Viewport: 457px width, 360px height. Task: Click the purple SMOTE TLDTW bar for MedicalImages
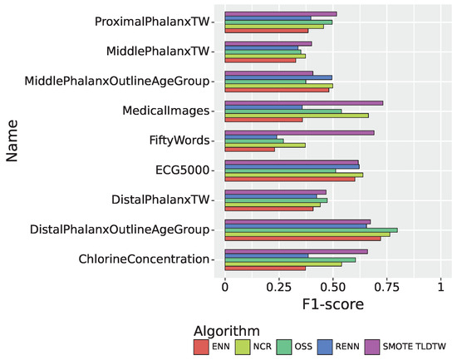(x=303, y=102)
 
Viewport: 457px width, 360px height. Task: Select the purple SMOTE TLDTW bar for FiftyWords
(x=299, y=132)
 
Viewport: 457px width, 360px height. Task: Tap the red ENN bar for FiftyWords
(x=249, y=150)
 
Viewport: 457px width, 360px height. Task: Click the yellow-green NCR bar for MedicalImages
(x=296, y=115)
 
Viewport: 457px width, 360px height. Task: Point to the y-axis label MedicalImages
(x=165, y=111)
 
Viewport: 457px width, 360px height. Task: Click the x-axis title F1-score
(x=332, y=305)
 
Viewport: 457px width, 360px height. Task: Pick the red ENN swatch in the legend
(x=200, y=344)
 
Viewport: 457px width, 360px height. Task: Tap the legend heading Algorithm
(x=226, y=329)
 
